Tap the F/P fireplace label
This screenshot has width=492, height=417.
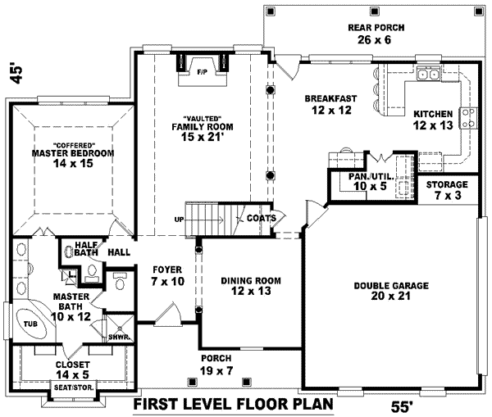tap(202, 72)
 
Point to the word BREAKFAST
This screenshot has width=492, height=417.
tap(330, 98)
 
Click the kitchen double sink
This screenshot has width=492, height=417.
tap(426, 75)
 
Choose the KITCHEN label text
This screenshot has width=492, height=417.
tap(432, 114)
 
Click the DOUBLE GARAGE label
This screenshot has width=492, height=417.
tap(391, 286)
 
